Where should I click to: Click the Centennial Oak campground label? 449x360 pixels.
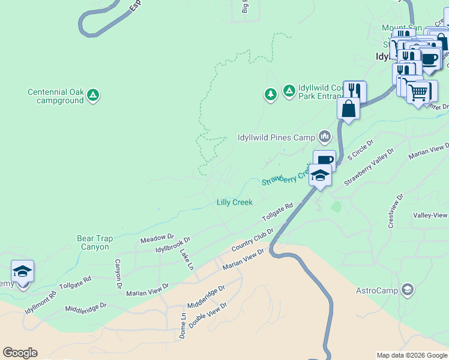pos(55,96)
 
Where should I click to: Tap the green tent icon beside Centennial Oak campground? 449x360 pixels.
pos(93,94)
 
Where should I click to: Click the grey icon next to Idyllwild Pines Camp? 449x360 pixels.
pos(325,137)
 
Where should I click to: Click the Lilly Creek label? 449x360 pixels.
pos(234,202)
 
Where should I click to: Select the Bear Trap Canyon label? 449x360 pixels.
pos(93,242)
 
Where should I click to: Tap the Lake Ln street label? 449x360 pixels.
pos(187,259)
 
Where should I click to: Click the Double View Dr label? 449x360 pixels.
pos(207,314)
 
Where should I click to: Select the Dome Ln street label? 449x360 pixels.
pos(183,325)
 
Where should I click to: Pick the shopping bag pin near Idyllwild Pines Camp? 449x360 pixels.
pos(349,109)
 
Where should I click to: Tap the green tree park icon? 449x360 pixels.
pos(271,94)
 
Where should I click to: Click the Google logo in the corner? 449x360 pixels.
pos(20,353)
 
